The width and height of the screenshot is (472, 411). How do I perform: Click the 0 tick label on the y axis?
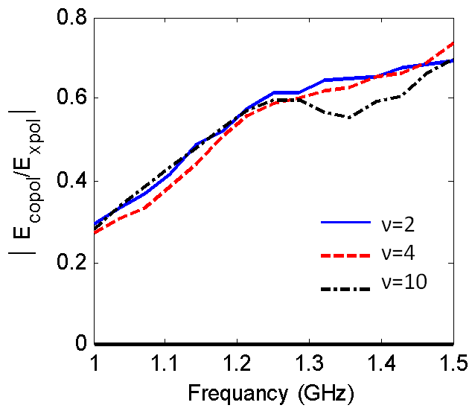tap(80, 345)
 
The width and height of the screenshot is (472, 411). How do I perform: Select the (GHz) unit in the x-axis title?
tap(316, 392)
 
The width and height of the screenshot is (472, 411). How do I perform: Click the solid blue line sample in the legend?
tap(345, 222)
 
